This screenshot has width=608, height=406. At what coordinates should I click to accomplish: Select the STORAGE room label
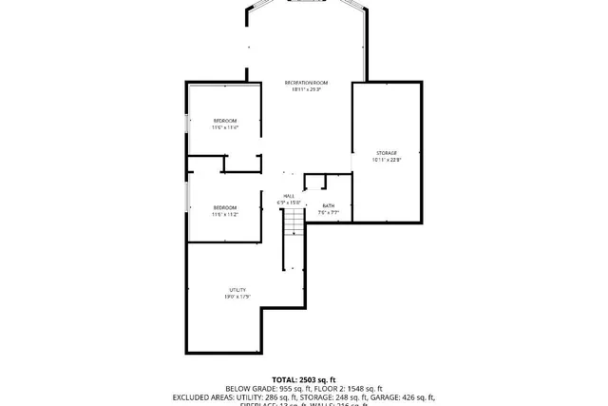[386, 153]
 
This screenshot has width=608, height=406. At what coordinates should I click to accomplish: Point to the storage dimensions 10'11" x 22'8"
[386, 160]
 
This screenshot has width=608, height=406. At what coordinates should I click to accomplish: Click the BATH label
[329, 206]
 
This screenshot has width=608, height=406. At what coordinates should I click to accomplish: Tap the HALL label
[289, 196]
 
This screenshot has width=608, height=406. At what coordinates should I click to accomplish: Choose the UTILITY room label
[237, 290]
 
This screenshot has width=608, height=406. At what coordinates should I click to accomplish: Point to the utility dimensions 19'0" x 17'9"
[237, 297]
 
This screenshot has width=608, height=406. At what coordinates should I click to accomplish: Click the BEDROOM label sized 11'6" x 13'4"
[224, 121]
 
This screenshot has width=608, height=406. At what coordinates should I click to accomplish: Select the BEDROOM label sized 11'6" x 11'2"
[224, 207]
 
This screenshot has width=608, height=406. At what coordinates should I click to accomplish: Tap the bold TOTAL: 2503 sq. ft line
[304, 379]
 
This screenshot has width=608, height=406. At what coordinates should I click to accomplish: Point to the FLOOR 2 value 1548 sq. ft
[363, 389]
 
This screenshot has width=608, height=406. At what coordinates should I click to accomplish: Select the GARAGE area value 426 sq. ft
[416, 397]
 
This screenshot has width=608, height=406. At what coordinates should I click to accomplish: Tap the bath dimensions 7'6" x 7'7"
[329, 213]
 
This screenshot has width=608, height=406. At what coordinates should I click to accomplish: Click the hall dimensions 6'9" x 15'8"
[289, 203]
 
